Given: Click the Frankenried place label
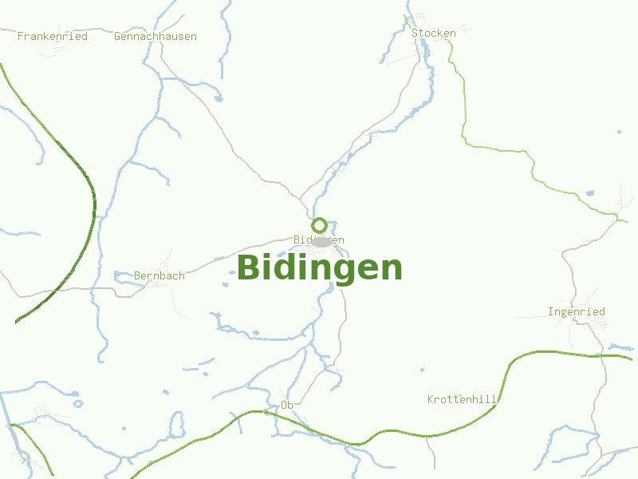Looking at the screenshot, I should pos(52,36).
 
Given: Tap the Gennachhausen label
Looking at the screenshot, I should pos(156,36).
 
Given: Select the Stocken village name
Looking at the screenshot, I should pos(434,33).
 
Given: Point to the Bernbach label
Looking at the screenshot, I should pos(159,275).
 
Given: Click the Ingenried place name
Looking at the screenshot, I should pos(577,311).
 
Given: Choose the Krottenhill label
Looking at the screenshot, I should pos(463,398).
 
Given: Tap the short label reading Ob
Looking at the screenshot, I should pos(287,405).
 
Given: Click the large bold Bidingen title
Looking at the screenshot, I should pos(319,267).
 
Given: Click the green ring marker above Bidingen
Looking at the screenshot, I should pos(319,225).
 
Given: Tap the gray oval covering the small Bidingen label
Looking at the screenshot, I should pos(321,241).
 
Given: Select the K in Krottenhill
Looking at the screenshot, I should pos(431,398).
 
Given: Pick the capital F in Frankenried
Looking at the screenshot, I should pos(21,36).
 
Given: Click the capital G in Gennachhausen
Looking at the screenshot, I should pos(118,36).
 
